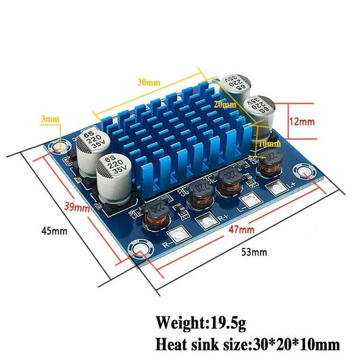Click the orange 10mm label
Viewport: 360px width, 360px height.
pyautogui.click(x=268, y=144)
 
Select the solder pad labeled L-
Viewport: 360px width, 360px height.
pyautogui.click(x=246, y=201)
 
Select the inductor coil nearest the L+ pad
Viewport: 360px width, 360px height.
pyautogui.click(x=270, y=163)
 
